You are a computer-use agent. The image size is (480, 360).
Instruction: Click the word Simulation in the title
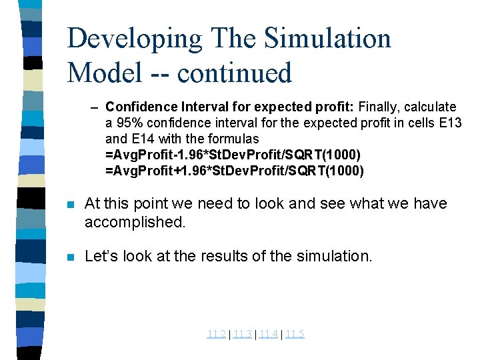point(327,39)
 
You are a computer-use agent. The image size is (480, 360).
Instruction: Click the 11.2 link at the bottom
point(216,334)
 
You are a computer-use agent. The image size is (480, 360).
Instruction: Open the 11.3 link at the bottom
point(242,334)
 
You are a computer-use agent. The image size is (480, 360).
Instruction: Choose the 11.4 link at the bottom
point(268,334)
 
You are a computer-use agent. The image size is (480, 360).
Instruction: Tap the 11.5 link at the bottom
point(295,334)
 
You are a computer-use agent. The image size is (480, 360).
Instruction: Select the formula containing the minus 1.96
point(233,155)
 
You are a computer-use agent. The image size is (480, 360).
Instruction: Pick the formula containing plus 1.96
point(235,171)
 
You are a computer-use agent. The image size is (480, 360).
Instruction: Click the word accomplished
point(135,222)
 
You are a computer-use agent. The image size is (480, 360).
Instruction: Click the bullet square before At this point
point(71,204)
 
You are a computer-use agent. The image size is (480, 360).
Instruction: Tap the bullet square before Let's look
point(71,255)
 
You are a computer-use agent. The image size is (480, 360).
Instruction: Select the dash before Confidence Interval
point(95,107)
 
